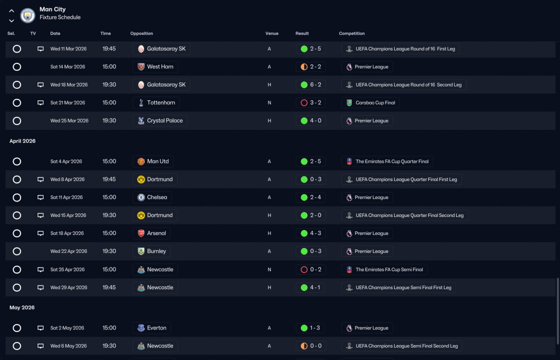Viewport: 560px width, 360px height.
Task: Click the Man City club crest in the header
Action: tap(28, 16)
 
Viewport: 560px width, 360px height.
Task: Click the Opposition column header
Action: tap(141, 34)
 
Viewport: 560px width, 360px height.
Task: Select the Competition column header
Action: tap(352, 34)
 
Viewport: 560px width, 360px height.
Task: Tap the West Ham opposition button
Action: tap(155, 67)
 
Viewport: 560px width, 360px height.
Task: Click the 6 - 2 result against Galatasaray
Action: tap(311, 85)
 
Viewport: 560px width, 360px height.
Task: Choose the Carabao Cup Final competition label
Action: tap(370, 103)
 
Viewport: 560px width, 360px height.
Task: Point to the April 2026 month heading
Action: tap(22, 141)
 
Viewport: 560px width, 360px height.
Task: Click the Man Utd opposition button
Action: tap(153, 161)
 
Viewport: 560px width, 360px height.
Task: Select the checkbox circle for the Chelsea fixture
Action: tap(17, 197)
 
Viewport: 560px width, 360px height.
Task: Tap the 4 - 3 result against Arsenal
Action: tap(311, 233)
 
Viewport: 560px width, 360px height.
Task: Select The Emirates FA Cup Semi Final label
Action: tap(384, 269)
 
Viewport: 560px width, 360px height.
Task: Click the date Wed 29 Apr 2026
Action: tap(69, 287)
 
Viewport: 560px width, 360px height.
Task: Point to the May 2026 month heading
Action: tap(22, 308)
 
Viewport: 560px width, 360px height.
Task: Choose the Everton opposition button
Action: tap(152, 328)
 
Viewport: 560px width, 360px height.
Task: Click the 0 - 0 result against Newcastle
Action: tap(311, 346)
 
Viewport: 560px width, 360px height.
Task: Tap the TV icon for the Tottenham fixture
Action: tap(41, 103)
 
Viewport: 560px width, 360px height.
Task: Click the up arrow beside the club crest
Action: tap(11, 11)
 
